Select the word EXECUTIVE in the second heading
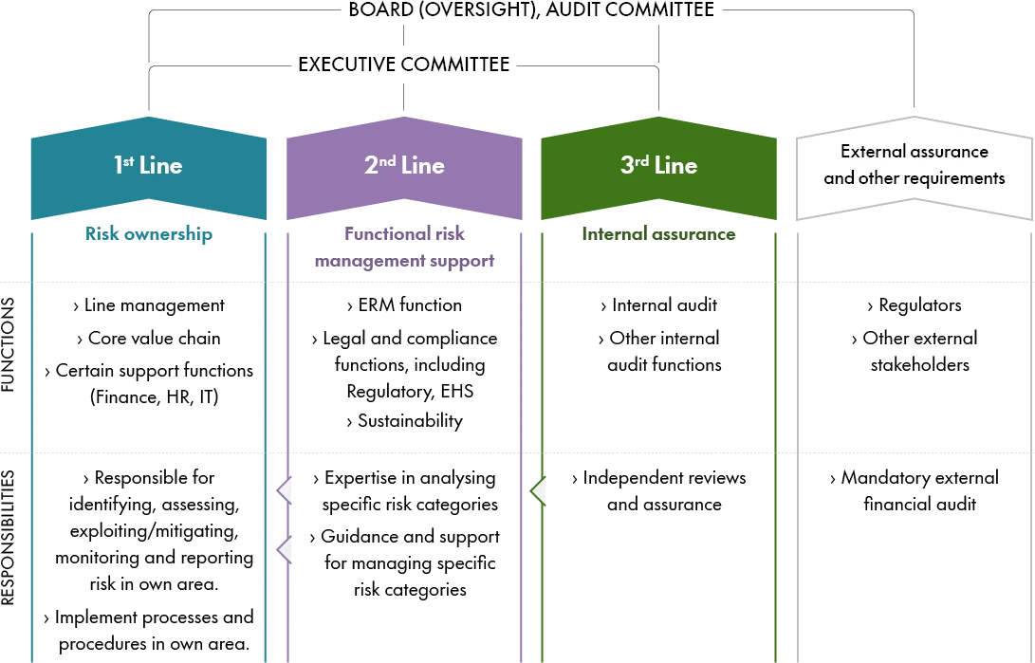(346, 64)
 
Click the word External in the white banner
(874, 152)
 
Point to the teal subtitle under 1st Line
(148, 234)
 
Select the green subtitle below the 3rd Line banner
(657, 234)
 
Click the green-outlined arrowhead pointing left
(538, 490)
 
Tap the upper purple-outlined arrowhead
(286, 490)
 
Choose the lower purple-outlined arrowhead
(286, 550)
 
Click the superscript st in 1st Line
(128, 158)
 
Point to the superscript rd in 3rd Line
(642, 158)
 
